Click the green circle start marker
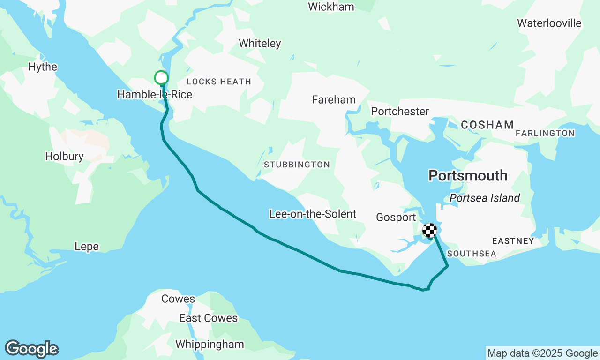point(161,78)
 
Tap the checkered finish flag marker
point(430,230)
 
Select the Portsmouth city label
point(468,176)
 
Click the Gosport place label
point(396,217)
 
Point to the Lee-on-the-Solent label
point(312,214)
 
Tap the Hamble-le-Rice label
point(154,95)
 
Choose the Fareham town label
point(334,100)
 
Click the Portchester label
point(400,112)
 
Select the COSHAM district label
point(487,125)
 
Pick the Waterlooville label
point(549,23)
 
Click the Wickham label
point(331,7)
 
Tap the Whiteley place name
point(260,44)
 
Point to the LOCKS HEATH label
point(219,82)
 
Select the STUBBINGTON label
point(297,165)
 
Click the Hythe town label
point(43,67)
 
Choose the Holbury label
point(64,157)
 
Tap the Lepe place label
point(87,247)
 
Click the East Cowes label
point(208,318)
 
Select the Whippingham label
point(210,345)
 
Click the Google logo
point(31,349)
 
